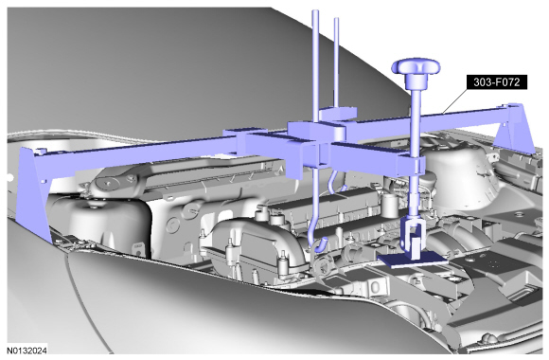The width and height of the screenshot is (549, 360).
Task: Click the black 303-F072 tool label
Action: click(497, 82)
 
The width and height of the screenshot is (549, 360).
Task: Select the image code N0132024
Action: click(27, 351)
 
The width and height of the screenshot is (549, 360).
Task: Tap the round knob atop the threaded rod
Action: click(416, 66)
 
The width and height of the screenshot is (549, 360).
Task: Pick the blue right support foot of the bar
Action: click(515, 129)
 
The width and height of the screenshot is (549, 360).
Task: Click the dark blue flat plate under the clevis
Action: click(413, 261)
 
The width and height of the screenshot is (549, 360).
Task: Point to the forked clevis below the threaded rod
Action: click(413, 234)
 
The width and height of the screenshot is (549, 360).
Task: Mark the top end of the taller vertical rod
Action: click(315, 12)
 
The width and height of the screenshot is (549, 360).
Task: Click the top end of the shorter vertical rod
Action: click(336, 20)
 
